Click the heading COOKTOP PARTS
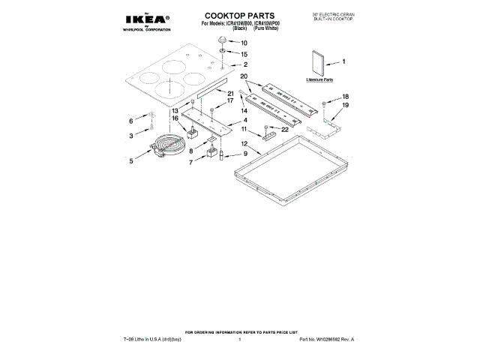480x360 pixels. [x=240, y=15]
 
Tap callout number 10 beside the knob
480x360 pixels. [x=243, y=43]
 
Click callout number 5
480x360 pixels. [x=131, y=160]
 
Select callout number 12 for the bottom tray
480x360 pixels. [x=244, y=142]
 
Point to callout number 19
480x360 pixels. [x=346, y=106]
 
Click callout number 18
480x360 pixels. [x=346, y=97]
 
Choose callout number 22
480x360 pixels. [x=285, y=129]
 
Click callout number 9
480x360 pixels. [x=244, y=153]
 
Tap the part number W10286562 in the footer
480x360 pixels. [x=326, y=340]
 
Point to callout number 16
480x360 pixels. [x=175, y=118]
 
